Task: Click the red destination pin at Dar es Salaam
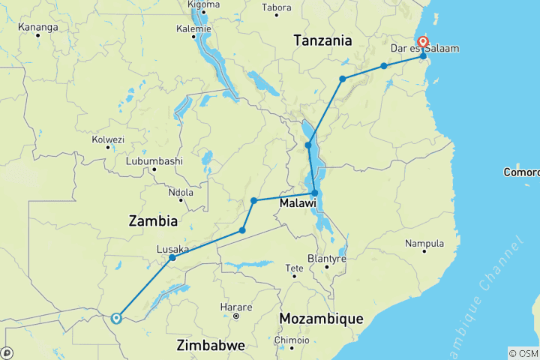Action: (423, 42)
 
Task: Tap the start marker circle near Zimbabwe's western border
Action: (116, 318)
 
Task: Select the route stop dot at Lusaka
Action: (172, 258)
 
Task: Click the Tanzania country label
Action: (322, 40)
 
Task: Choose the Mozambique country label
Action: (321, 319)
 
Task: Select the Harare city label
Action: (231, 307)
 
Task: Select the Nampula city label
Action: (424, 244)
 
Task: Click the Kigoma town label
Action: (203, 4)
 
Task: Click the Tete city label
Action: (295, 268)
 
